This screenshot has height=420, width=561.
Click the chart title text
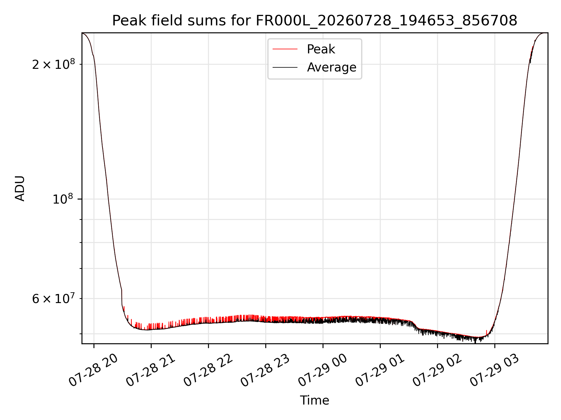(315, 21)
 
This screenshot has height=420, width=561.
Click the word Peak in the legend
(321, 49)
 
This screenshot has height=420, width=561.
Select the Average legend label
(332, 67)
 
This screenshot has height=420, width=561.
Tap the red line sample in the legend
(285, 49)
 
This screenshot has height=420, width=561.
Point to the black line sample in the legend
(285, 67)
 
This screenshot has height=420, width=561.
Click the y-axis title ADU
(20, 188)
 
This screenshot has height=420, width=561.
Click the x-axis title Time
(315, 400)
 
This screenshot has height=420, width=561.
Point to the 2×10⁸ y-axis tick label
(53, 64)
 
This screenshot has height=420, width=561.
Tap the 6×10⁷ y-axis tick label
(53, 298)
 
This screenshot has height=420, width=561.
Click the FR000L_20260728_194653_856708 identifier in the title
(387, 21)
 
